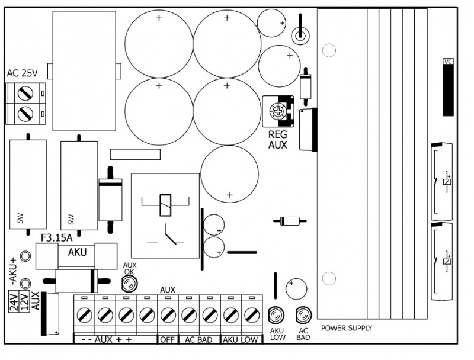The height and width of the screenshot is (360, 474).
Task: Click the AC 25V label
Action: click(22, 73)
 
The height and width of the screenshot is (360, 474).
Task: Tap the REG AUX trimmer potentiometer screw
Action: click(278, 111)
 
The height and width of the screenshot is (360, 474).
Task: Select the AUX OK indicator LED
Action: click(129, 284)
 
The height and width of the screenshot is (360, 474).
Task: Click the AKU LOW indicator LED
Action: click(276, 315)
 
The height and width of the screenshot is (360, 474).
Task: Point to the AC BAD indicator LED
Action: click(303, 315)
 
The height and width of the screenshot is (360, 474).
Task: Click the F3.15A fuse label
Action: click(56, 238)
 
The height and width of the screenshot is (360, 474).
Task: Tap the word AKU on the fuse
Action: click(77, 252)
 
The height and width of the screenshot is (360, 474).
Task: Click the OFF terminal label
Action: click(168, 340)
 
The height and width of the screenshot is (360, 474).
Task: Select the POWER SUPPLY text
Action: click(347, 328)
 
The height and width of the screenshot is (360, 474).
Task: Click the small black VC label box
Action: click(448, 62)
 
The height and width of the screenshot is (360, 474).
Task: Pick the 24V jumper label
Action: click(14, 301)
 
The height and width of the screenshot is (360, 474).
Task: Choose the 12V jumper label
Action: click(24, 301)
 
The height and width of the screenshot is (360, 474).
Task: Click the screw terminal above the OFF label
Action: click(168, 316)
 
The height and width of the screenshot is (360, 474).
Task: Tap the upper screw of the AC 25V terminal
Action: click(25, 94)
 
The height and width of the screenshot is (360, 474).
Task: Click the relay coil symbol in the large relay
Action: click(165, 205)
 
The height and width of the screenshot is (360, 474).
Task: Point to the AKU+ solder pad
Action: click(25, 256)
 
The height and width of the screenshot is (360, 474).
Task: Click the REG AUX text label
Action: click(277, 139)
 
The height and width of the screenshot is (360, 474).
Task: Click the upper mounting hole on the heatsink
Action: click(329, 50)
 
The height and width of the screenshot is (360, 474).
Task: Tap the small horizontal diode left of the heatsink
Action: click(290, 221)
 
